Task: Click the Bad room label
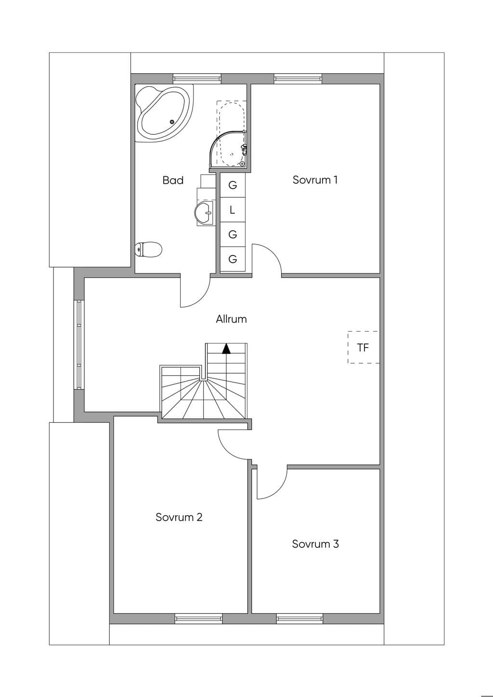[173, 180]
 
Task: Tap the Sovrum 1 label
[315, 180]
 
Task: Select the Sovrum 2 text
[179, 517]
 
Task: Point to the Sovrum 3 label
[315, 543]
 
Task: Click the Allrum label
[231, 319]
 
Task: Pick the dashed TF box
[363, 347]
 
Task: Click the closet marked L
[233, 210]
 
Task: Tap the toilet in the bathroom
[148, 249]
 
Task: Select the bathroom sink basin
[204, 213]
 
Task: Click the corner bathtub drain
[171, 122]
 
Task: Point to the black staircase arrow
[226, 348]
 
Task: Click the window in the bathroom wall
[197, 78]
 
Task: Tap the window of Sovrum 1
[298, 78]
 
